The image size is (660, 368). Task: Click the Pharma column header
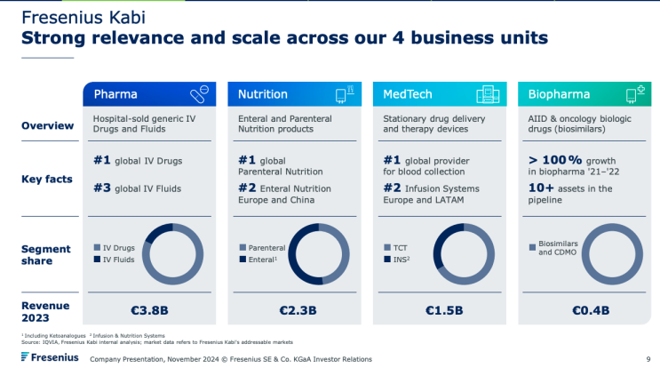click(x=115, y=94)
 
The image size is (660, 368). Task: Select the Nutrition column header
click(x=263, y=94)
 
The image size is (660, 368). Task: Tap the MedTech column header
click(x=409, y=94)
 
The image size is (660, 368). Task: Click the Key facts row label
click(x=46, y=179)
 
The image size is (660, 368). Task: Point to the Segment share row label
click(x=46, y=254)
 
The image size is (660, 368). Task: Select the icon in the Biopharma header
click(x=634, y=94)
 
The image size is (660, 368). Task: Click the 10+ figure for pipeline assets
click(x=544, y=188)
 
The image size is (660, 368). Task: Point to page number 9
click(x=649, y=359)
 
